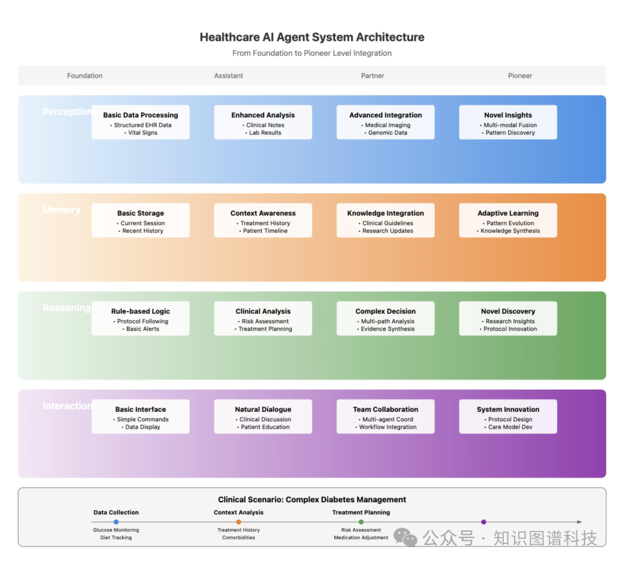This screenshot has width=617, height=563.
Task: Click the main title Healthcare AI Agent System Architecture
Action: pos(312,38)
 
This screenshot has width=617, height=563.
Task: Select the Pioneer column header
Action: pos(520,75)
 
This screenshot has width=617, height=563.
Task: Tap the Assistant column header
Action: pos(229,75)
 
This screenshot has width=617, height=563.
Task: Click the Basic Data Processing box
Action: pos(141,122)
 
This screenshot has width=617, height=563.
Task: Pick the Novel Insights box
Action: pos(508,122)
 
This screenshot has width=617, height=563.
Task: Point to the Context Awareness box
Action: pos(263,220)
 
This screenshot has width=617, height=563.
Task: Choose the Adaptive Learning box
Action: pos(508,220)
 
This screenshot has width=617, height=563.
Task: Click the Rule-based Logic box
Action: pos(141,318)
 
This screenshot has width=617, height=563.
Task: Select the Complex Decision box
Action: pos(386,318)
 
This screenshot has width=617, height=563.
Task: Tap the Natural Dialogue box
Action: pos(263,416)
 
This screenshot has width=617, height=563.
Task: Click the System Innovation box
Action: pos(508,416)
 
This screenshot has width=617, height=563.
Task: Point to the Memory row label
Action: pos(62,210)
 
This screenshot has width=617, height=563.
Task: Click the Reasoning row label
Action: pos(66,308)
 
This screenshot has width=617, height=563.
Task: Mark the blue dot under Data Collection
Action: pos(116,522)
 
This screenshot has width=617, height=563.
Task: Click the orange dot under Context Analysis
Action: pos(238,522)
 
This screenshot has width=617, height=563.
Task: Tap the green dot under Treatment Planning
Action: pos(361,522)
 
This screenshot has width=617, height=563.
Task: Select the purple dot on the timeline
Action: pos(483,522)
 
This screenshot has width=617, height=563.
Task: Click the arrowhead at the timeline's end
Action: pos(580,522)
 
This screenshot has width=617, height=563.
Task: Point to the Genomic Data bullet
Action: pos(388,133)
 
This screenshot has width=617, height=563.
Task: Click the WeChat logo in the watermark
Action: pos(406,537)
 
